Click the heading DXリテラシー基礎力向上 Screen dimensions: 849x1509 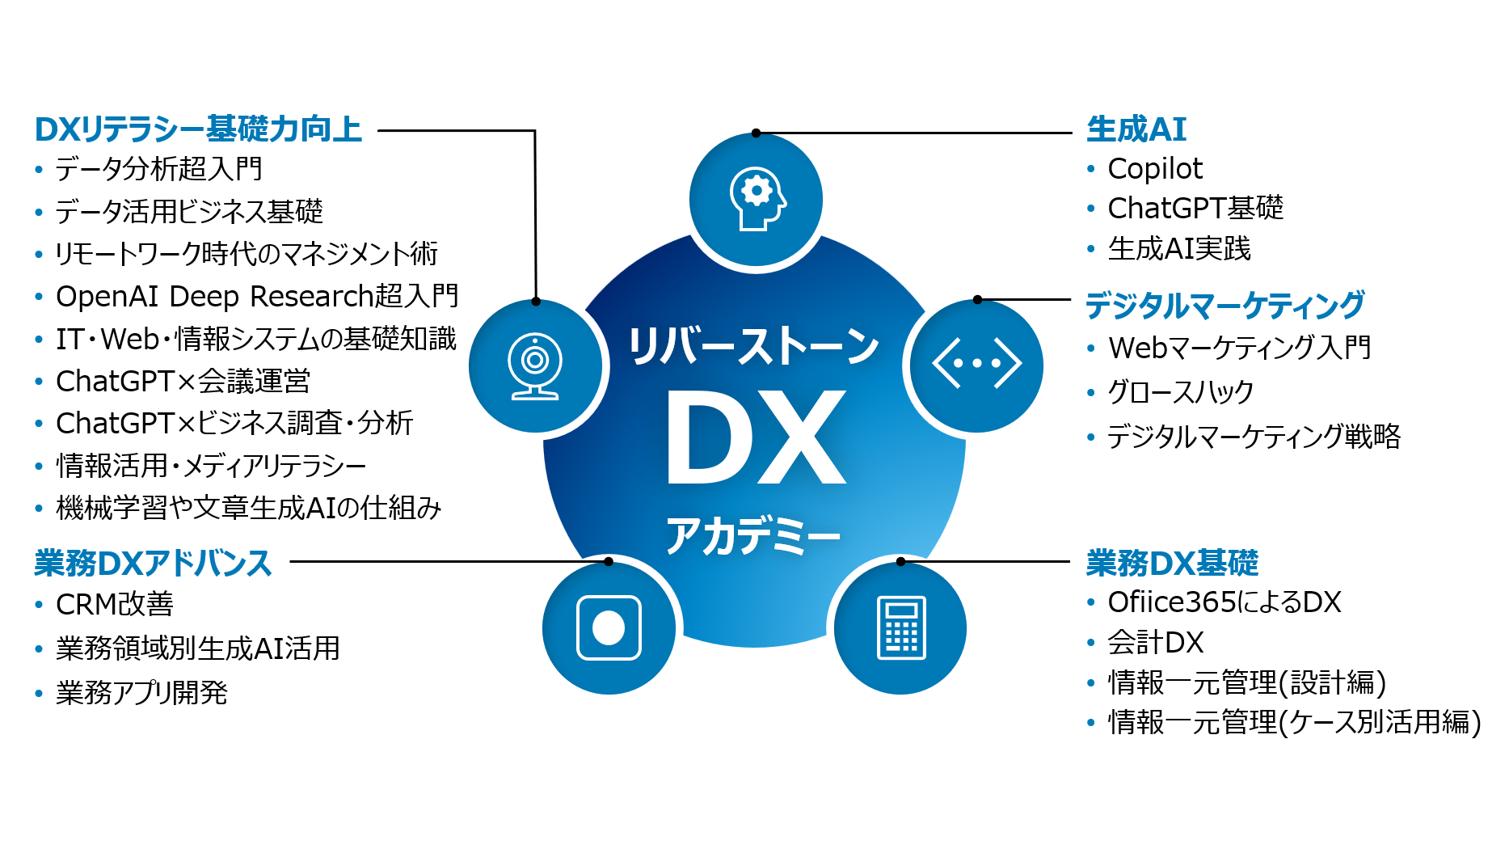click(198, 129)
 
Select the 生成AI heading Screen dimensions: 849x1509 click(1136, 129)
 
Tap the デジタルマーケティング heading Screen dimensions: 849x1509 click(1224, 306)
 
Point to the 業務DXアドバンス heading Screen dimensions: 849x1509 click(153, 564)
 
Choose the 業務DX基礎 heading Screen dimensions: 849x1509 click(1171, 564)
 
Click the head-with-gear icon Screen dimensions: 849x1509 click(757, 200)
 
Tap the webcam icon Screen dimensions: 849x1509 click(535, 366)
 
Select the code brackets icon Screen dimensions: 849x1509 click(976, 364)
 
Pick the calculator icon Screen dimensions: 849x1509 click(900, 628)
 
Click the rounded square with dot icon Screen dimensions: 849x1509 click(609, 628)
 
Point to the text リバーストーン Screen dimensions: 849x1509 click(753, 347)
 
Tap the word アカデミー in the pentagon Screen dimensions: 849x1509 click(753, 535)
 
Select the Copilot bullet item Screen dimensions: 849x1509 click(1154, 169)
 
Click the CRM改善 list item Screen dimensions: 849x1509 click(115, 605)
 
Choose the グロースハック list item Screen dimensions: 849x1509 click(1180, 393)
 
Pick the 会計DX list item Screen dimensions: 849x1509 click(1155, 643)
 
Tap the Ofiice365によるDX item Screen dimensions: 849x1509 click(1224, 602)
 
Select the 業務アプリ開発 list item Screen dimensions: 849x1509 click(142, 693)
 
